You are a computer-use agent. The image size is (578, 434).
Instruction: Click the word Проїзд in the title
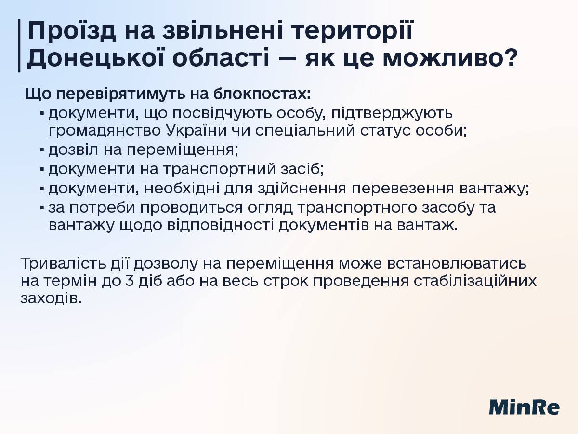coord(72,31)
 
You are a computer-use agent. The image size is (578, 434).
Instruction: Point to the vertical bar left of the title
coord(19,46)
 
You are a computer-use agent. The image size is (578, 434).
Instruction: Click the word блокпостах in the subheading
coord(263,94)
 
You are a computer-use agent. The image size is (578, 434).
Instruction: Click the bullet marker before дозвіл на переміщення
coord(42,150)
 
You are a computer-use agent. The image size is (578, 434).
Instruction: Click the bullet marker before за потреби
coord(42,208)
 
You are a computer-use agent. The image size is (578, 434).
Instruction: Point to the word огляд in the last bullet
coord(270,208)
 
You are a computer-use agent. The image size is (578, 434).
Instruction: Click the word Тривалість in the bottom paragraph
coord(63,263)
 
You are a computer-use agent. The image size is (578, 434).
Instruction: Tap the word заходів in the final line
coord(51,298)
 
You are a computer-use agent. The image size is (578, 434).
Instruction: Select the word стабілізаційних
coord(475,281)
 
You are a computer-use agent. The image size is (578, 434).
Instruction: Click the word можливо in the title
coord(441,57)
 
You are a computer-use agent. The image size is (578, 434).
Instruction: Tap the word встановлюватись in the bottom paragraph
coord(457,263)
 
